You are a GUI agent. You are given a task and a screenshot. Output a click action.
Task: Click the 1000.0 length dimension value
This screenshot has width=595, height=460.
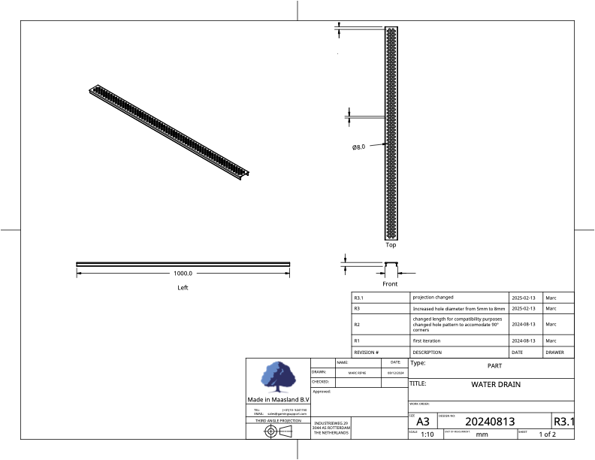pyautogui.click(x=183, y=274)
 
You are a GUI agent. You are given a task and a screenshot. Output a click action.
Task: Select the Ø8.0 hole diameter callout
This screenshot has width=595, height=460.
pyautogui.click(x=358, y=147)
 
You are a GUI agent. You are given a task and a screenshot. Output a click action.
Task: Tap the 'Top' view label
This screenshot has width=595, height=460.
pyautogui.click(x=391, y=244)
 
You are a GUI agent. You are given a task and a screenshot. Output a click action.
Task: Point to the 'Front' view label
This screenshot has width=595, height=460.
pyautogui.click(x=390, y=284)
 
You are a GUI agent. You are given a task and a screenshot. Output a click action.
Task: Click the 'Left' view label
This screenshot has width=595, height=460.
pyautogui.click(x=183, y=287)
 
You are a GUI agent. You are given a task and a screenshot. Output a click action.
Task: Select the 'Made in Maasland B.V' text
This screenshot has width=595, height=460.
pyautogui.click(x=278, y=399)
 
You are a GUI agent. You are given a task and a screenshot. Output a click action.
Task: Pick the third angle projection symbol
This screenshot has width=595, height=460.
pyautogui.click(x=278, y=431)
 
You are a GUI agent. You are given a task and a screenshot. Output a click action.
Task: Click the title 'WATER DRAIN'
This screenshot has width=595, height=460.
pyautogui.click(x=495, y=385)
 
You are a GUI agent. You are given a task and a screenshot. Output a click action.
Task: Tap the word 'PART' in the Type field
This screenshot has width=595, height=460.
pyautogui.click(x=485, y=366)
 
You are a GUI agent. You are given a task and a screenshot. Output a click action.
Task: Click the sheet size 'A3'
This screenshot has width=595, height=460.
pyautogui.click(x=423, y=422)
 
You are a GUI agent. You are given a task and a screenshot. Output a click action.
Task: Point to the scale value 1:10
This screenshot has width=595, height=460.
pyautogui.click(x=427, y=434)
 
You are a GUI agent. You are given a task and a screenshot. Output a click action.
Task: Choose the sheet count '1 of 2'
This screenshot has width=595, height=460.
pyautogui.click(x=548, y=434)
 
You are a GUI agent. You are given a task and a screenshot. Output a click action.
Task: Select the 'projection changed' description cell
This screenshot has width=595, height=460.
pyautogui.click(x=433, y=297)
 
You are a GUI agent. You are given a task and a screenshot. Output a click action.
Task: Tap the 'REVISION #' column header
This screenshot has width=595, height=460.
pyautogui.click(x=366, y=352)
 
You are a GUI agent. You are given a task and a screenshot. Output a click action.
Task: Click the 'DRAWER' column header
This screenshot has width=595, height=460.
pyautogui.click(x=554, y=352)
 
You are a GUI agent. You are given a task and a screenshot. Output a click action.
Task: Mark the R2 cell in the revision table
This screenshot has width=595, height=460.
pyautogui.click(x=358, y=325)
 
